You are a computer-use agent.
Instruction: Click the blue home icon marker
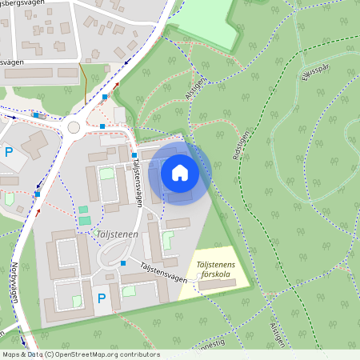click(x=179, y=172)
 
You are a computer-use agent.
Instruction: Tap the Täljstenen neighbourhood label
click(x=116, y=235)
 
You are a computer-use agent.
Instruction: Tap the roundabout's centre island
click(x=74, y=126)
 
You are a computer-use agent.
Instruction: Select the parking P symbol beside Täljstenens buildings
click(x=101, y=298)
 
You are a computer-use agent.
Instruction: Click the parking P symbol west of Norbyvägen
click(x=9, y=151)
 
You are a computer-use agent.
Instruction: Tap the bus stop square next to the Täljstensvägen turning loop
click(x=123, y=262)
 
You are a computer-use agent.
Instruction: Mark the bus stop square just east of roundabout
click(x=102, y=126)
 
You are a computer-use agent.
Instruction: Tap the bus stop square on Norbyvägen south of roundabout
click(x=38, y=194)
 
